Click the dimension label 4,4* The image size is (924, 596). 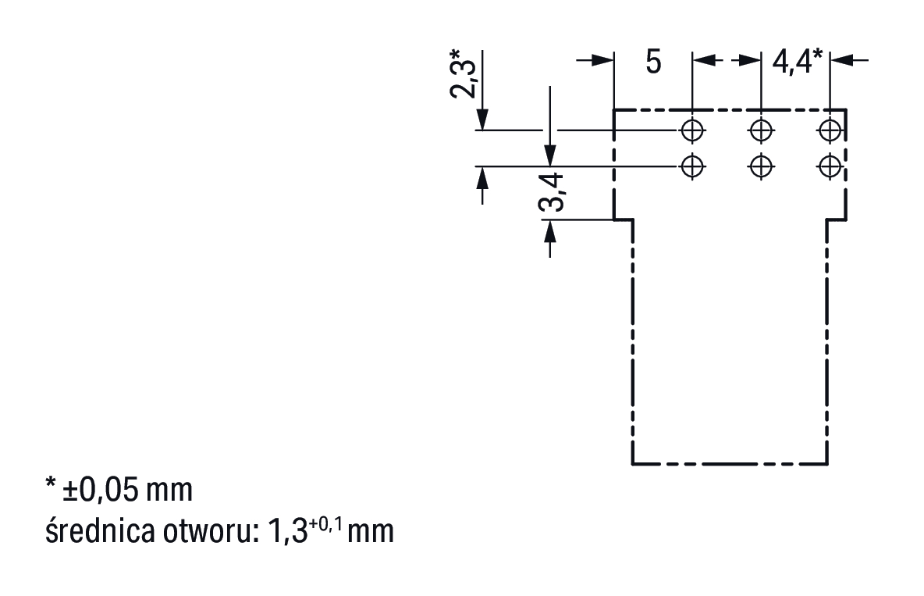coord(796,61)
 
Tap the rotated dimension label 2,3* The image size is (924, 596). coord(463,75)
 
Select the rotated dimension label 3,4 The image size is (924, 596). coord(551,194)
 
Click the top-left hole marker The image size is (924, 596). coord(691,129)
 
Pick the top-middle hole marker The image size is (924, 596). coord(761,129)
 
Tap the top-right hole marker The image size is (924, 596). coord(830,129)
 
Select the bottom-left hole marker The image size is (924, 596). coord(691,166)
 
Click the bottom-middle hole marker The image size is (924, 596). coord(761,166)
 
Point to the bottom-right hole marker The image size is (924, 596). coord(830,166)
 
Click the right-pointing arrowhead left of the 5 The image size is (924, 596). coord(602,60)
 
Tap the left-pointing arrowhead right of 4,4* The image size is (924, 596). coord(842,60)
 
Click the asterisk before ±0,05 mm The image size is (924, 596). coord(50,486)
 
